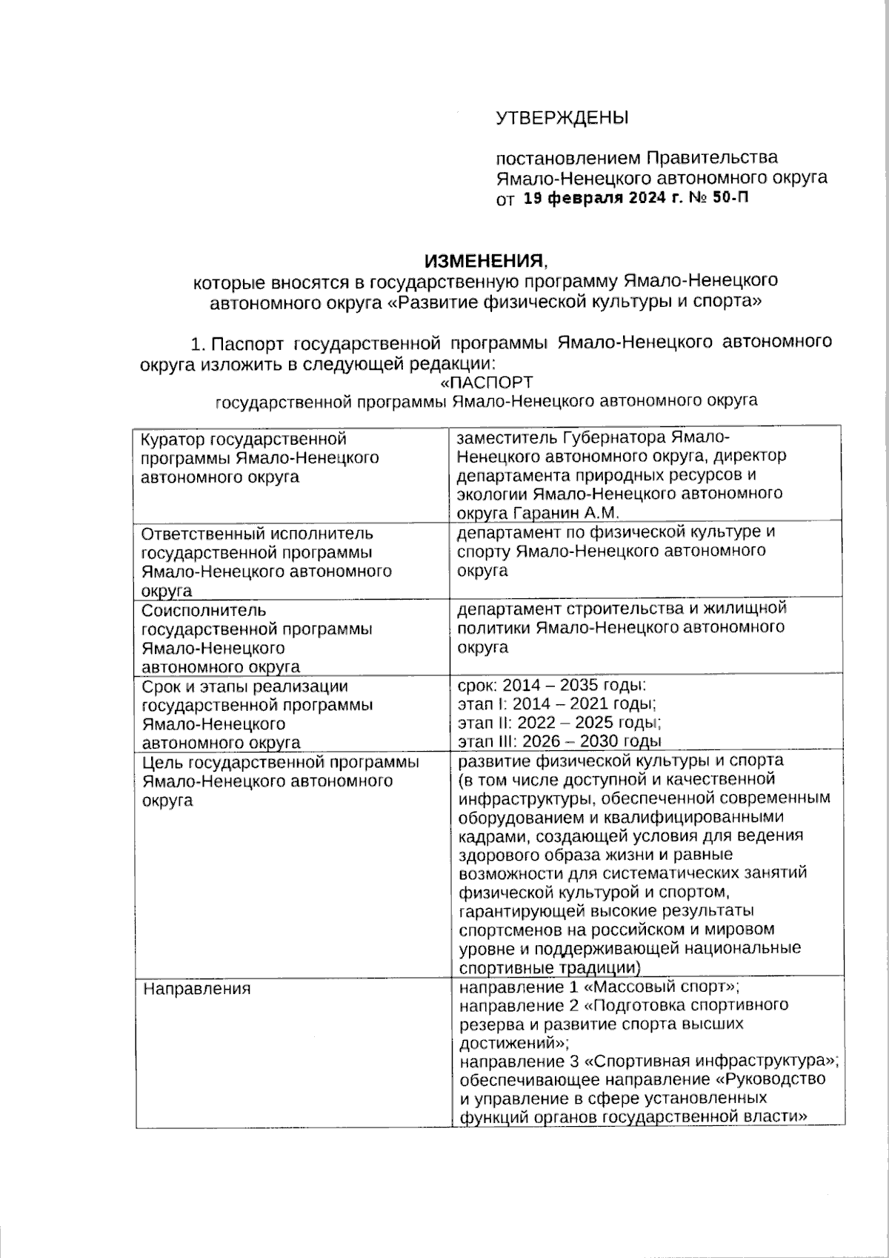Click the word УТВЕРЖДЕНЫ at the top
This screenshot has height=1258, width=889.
(x=562, y=118)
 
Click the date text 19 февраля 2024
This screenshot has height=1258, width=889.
(x=593, y=198)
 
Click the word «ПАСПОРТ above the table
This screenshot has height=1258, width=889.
(x=486, y=383)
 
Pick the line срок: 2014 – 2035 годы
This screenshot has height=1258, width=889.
(x=553, y=685)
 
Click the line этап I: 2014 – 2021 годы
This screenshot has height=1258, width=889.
(x=557, y=704)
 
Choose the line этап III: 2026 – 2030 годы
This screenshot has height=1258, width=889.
(x=559, y=741)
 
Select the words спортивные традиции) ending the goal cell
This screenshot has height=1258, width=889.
(x=549, y=968)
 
